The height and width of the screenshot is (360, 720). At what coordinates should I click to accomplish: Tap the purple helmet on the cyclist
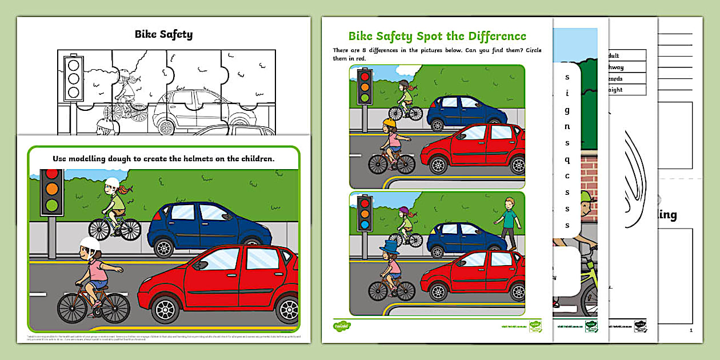pos(403,211)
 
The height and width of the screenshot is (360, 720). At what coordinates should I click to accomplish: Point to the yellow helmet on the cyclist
pos(390,123)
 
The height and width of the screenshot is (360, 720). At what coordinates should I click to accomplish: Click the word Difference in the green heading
pos(494,37)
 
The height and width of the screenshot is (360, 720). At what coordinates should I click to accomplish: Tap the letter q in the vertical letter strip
pos(567,159)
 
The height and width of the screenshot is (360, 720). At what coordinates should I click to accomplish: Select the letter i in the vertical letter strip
pos(567,93)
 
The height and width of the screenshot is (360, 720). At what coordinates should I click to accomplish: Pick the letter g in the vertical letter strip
pos(567,110)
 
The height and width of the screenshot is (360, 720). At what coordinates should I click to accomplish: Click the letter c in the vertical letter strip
pos(567,176)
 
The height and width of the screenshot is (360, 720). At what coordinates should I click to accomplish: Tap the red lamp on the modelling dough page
pos(51,173)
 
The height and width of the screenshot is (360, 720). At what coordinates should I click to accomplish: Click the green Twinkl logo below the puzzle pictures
pos(342,326)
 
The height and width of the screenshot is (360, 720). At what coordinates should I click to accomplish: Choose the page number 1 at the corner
pos(691,330)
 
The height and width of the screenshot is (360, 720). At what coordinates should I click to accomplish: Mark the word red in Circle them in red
pos(362,58)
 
